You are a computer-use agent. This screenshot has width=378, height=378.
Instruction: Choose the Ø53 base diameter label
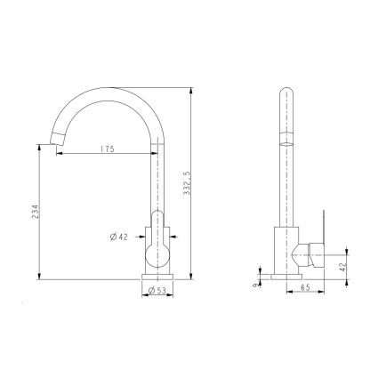pos(157,290)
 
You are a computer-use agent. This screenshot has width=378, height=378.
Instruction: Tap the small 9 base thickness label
pos(255,284)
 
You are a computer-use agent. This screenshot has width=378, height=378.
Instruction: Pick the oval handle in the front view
pos(157,240)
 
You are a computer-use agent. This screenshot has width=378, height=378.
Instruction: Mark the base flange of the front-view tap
pos(157,277)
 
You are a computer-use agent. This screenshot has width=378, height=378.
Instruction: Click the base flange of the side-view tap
pos(286,277)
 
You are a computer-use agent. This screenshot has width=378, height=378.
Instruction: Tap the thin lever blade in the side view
pos(325,227)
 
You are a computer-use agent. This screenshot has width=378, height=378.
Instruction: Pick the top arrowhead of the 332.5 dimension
pos(194,88)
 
